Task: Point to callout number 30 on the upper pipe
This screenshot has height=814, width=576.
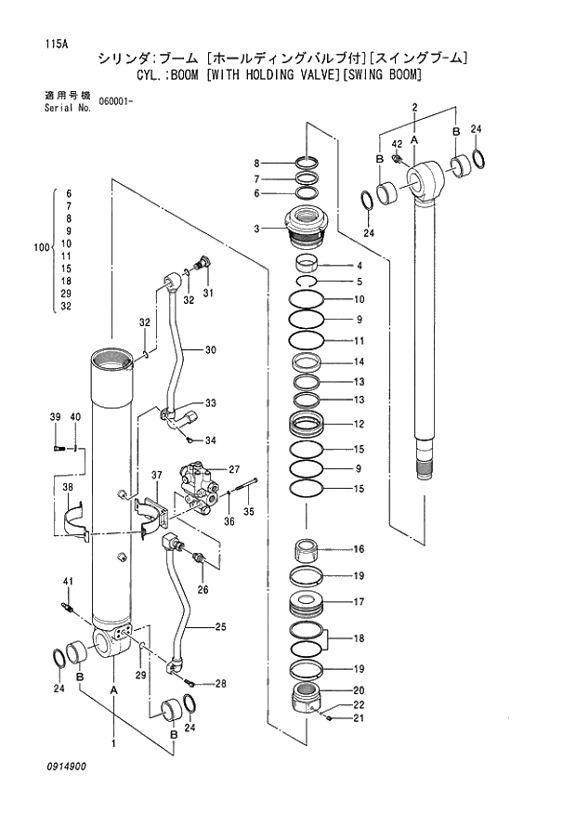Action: pos(210,350)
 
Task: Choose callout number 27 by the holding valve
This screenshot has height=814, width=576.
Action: pos(234,469)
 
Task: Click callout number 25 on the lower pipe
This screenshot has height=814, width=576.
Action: pos(220,627)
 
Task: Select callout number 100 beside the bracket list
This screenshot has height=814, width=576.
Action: pos(40,248)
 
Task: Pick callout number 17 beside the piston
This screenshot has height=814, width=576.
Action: pos(358,601)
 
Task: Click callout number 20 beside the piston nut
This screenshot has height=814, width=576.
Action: pos(358,690)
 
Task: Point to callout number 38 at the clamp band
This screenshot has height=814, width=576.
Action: pos(67,487)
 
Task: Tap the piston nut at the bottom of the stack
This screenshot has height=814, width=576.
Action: pos(308,697)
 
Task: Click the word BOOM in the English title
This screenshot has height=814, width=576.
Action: pos(191,74)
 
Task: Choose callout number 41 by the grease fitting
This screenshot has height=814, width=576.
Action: pos(67,582)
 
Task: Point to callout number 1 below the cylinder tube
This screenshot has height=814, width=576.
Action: pos(113,743)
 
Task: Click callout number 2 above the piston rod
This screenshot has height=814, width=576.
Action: pos(414,108)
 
